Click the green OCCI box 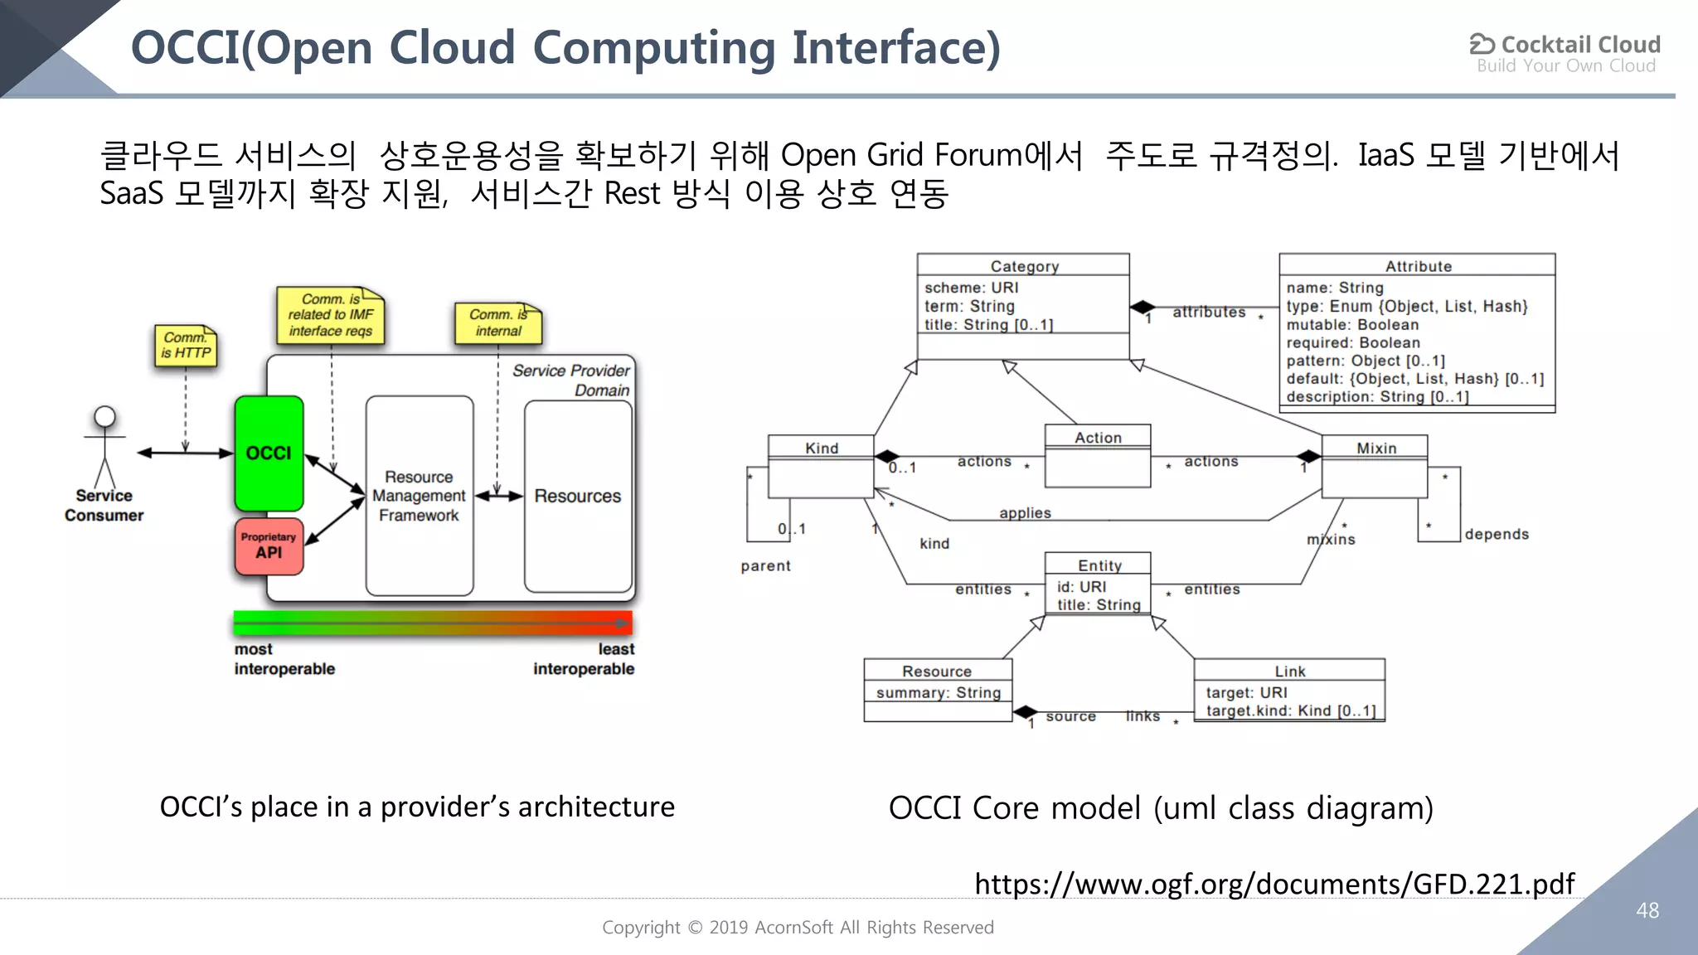pyautogui.click(x=269, y=453)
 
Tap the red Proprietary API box pyautogui.click(x=269, y=546)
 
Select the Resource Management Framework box pyautogui.click(x=419, y=496)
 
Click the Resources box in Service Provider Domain pyautogui.click(x=578, y=496)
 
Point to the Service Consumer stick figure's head pyautogui.click(x=104, y=416)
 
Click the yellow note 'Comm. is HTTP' pyautogui.click(x=186, y=346)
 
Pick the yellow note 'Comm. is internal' pyautogui.click(x=498, y=322)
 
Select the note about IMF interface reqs pyautogui.click(x=331, y=315)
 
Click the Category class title pyautogui.click(x=1024, y=266)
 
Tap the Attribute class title pyautogui.click(x=1418, y=266)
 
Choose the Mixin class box pyautogui.click(x=1375, y=466)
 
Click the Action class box pyautogui.click(x=1098, y=455)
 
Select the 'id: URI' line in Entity pyautogui.click(x=1081, y=587)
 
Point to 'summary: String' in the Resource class pyautogui.click(x=939, y=692)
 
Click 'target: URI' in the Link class pyautogui.click(x=1246, y=692)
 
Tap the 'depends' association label pyautogui.click(x=1497, y=535)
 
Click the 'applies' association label pyautogui.click(x=1025, y=513)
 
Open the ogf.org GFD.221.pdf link pyautogui.click(x=1274, y=884)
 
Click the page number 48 pyautogui.click(x=1647, y=910)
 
